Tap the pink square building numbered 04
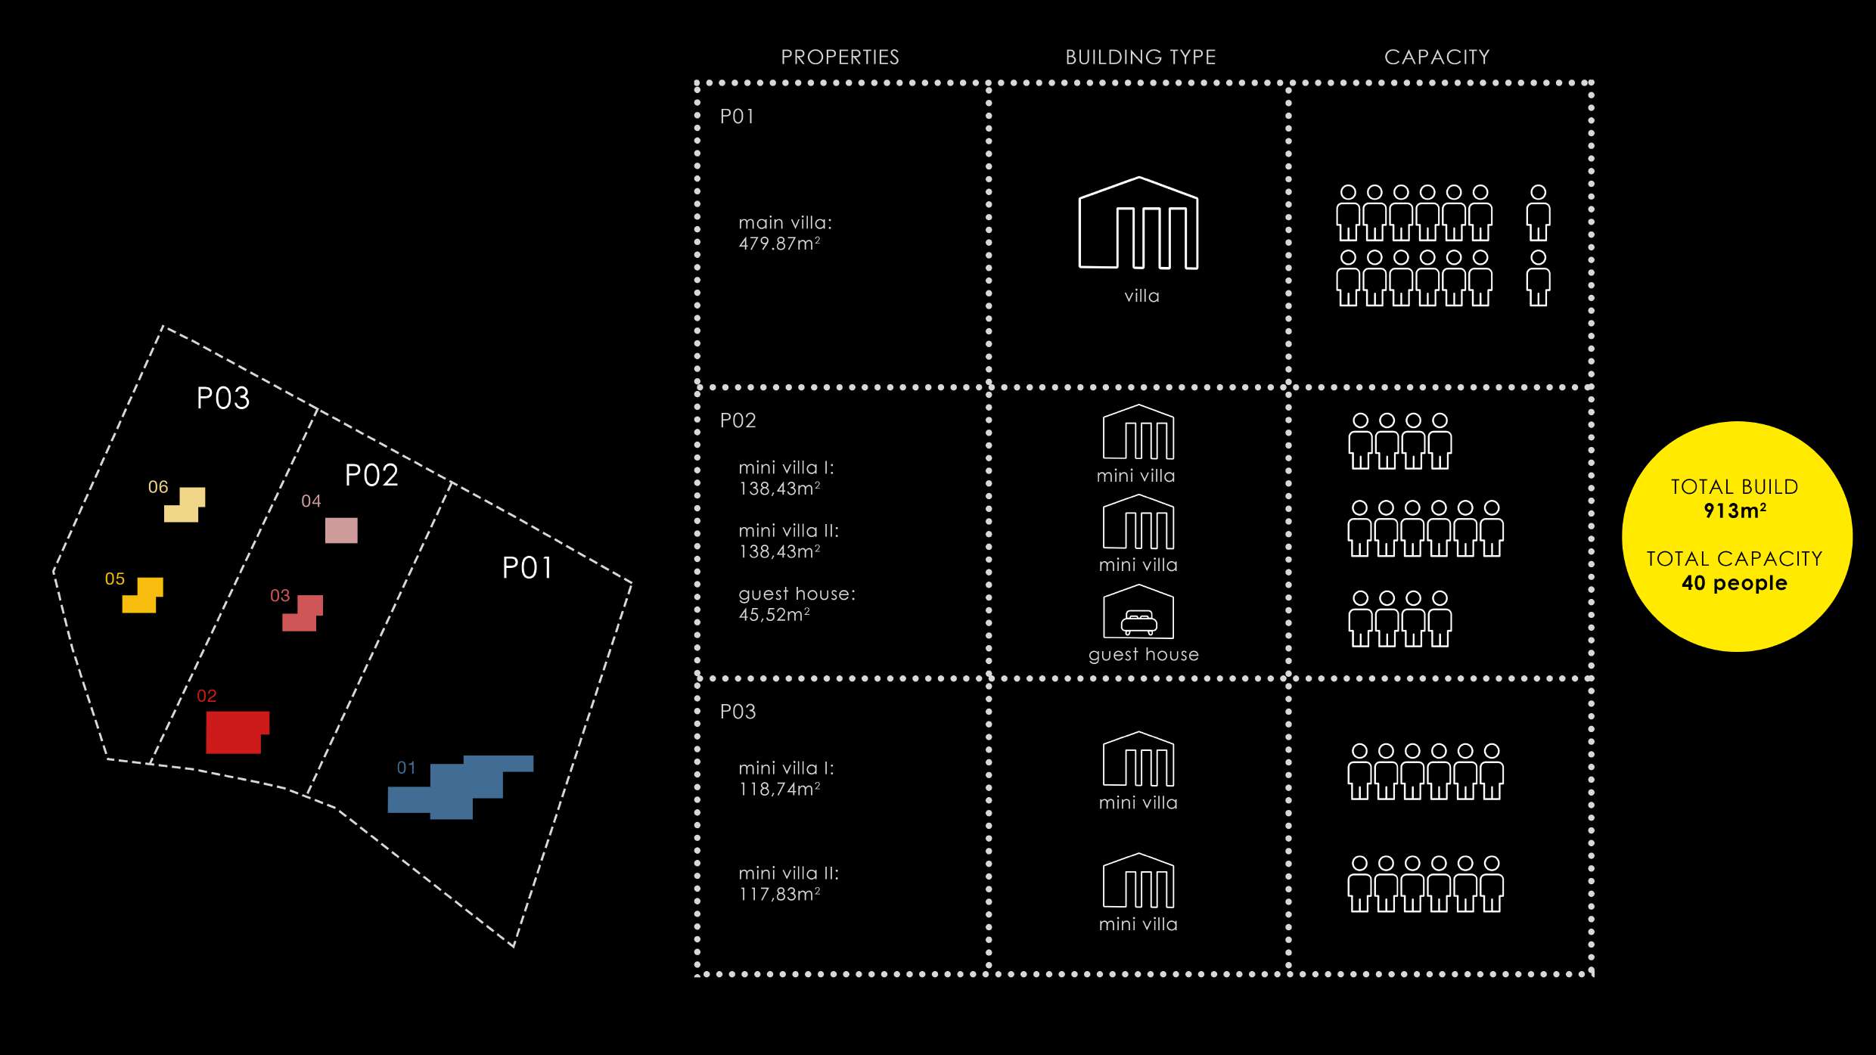[341, 530]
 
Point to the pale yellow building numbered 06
[185, 506]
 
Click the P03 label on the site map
[223, 399]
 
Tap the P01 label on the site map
[527, 569]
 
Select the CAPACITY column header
[1437, 57]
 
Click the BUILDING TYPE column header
[1140, 57]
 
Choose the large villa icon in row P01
[1138, 225]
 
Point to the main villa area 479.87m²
[779, 244]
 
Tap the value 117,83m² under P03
[779, 894]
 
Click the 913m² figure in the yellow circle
[1735, 511]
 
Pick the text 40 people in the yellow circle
[1735, 583]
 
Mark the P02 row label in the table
[738, 420]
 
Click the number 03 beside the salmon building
[280, 596]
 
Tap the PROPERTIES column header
[840, 57]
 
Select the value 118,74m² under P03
[779, 790]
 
